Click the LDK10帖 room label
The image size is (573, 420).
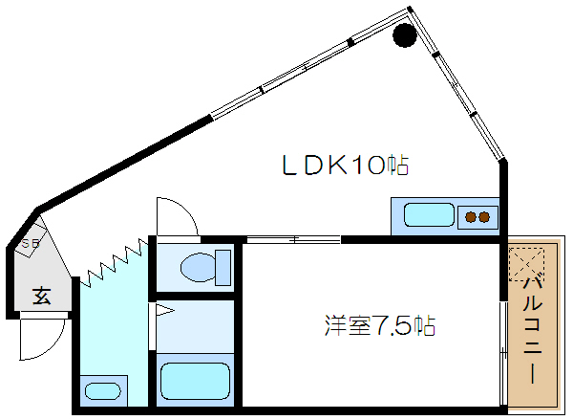coord(345,166)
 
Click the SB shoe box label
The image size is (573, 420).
coord(31,245)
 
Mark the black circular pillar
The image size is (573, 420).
coord(405,36)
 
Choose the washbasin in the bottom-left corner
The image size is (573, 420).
coord(103,391)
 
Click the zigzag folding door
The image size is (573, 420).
coord(113,264)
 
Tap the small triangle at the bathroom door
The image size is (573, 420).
coord(162,310)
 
